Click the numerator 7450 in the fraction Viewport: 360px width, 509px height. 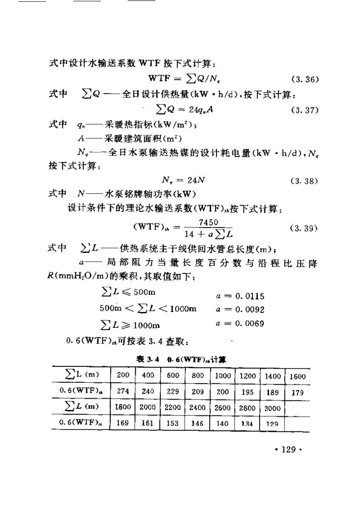pyautogui.click(x=208, y=222)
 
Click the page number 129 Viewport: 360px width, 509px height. pyautogui.click(x=289, y=450)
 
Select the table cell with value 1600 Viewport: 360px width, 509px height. pyautogui.click(x=297, y=376)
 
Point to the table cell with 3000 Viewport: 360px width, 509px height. pyautogui.click(x=272, y=408)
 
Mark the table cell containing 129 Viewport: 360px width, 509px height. pyautogui.click(x=271, y=423)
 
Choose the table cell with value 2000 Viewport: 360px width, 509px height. pyautogui.click(x=148, y=408)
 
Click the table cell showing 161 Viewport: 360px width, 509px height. pyautogui.click(x=148, y=423)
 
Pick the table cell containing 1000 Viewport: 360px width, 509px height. pyautogui.click(x=222, y=376)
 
